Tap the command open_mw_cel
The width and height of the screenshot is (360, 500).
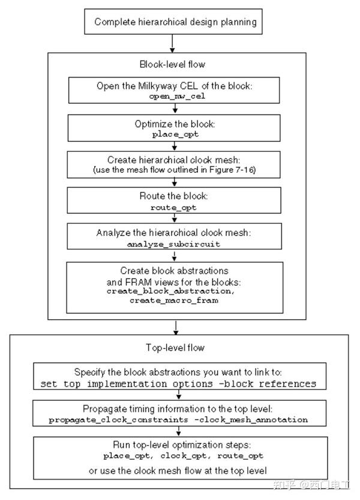(x=175, y=95)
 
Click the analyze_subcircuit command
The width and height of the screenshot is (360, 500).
(x=175, y=244)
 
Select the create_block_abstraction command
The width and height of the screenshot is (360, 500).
(x=175, y=291)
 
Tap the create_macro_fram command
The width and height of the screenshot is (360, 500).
(x=175, y=300)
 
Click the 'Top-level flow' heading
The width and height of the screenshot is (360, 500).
(x=175, y=348)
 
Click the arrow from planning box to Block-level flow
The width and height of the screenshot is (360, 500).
(x=173, y=44)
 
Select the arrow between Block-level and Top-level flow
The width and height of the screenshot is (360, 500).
(x=175, y=327)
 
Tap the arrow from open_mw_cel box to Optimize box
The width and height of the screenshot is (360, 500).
(x=175, y=109)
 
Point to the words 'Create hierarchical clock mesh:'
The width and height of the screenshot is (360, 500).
(x=175, y=160)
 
